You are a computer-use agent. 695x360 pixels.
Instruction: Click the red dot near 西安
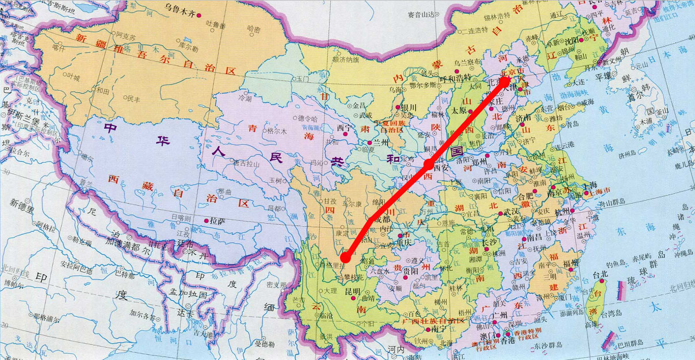[x=429, y=165]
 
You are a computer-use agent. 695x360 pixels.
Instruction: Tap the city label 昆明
[x=352, y=292]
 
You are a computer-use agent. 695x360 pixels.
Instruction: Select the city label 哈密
[x=253, y=29]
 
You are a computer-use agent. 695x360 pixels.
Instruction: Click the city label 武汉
[x=511, y=212]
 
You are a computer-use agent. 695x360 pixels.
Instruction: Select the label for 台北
[x=601, y=275]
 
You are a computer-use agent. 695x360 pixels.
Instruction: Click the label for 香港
[x=508, y=340]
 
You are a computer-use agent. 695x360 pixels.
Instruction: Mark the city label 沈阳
[x=571, y=42]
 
